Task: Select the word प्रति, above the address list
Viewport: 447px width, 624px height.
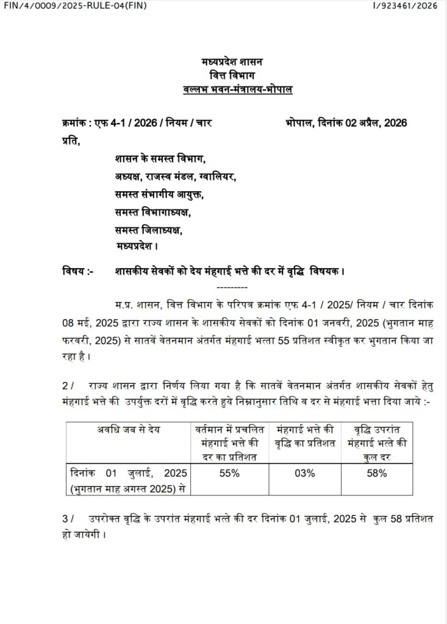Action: point(71,141)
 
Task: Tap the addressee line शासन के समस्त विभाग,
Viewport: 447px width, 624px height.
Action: point(160,158)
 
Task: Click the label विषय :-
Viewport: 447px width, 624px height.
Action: point(77,270)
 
